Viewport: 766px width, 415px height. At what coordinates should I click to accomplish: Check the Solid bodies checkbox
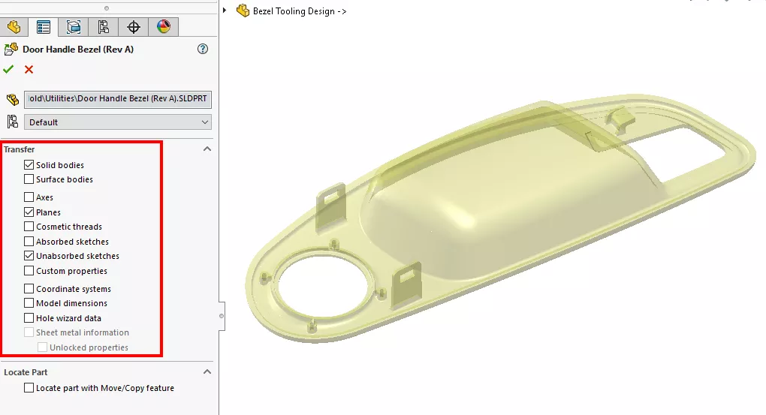click(x=29, y=165)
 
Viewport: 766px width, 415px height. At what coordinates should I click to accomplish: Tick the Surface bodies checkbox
click(x=29, y=179)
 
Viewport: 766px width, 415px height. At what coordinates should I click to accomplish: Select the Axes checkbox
click(x=29, y=197)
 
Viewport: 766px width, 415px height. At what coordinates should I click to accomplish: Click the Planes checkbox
click(x=29, y=212)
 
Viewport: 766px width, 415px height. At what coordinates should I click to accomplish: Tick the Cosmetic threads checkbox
click(x=29, y=227)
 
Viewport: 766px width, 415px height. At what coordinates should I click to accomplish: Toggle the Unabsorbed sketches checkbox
click(x=29, y=256)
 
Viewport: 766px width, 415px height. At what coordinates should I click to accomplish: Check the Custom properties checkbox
click(x=29, y=271)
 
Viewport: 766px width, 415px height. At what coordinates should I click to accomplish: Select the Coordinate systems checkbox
click(x=29, y=289)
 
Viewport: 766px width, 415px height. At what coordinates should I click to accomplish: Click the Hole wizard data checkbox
click(x=29, y=318)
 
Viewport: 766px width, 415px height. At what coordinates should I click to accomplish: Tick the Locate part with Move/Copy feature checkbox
click(x=29, y=388)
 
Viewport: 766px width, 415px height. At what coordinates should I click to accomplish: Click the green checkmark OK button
click(x=8, y=69)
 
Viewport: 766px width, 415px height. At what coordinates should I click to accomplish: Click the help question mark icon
click(x=202, y=49)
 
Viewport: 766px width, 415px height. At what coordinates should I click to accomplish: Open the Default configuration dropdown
click(x=118, y=122)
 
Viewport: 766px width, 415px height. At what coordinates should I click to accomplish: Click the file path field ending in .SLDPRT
click(x=118, y=99)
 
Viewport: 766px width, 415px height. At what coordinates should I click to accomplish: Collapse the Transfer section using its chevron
click(x=207, y=149)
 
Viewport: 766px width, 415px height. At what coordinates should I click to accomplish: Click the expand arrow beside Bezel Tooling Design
click(x=225, y=11)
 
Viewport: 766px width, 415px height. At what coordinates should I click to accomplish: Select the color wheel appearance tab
click(x=163, y=27)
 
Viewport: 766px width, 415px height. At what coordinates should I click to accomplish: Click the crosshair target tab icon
click(x=134, y=27)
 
